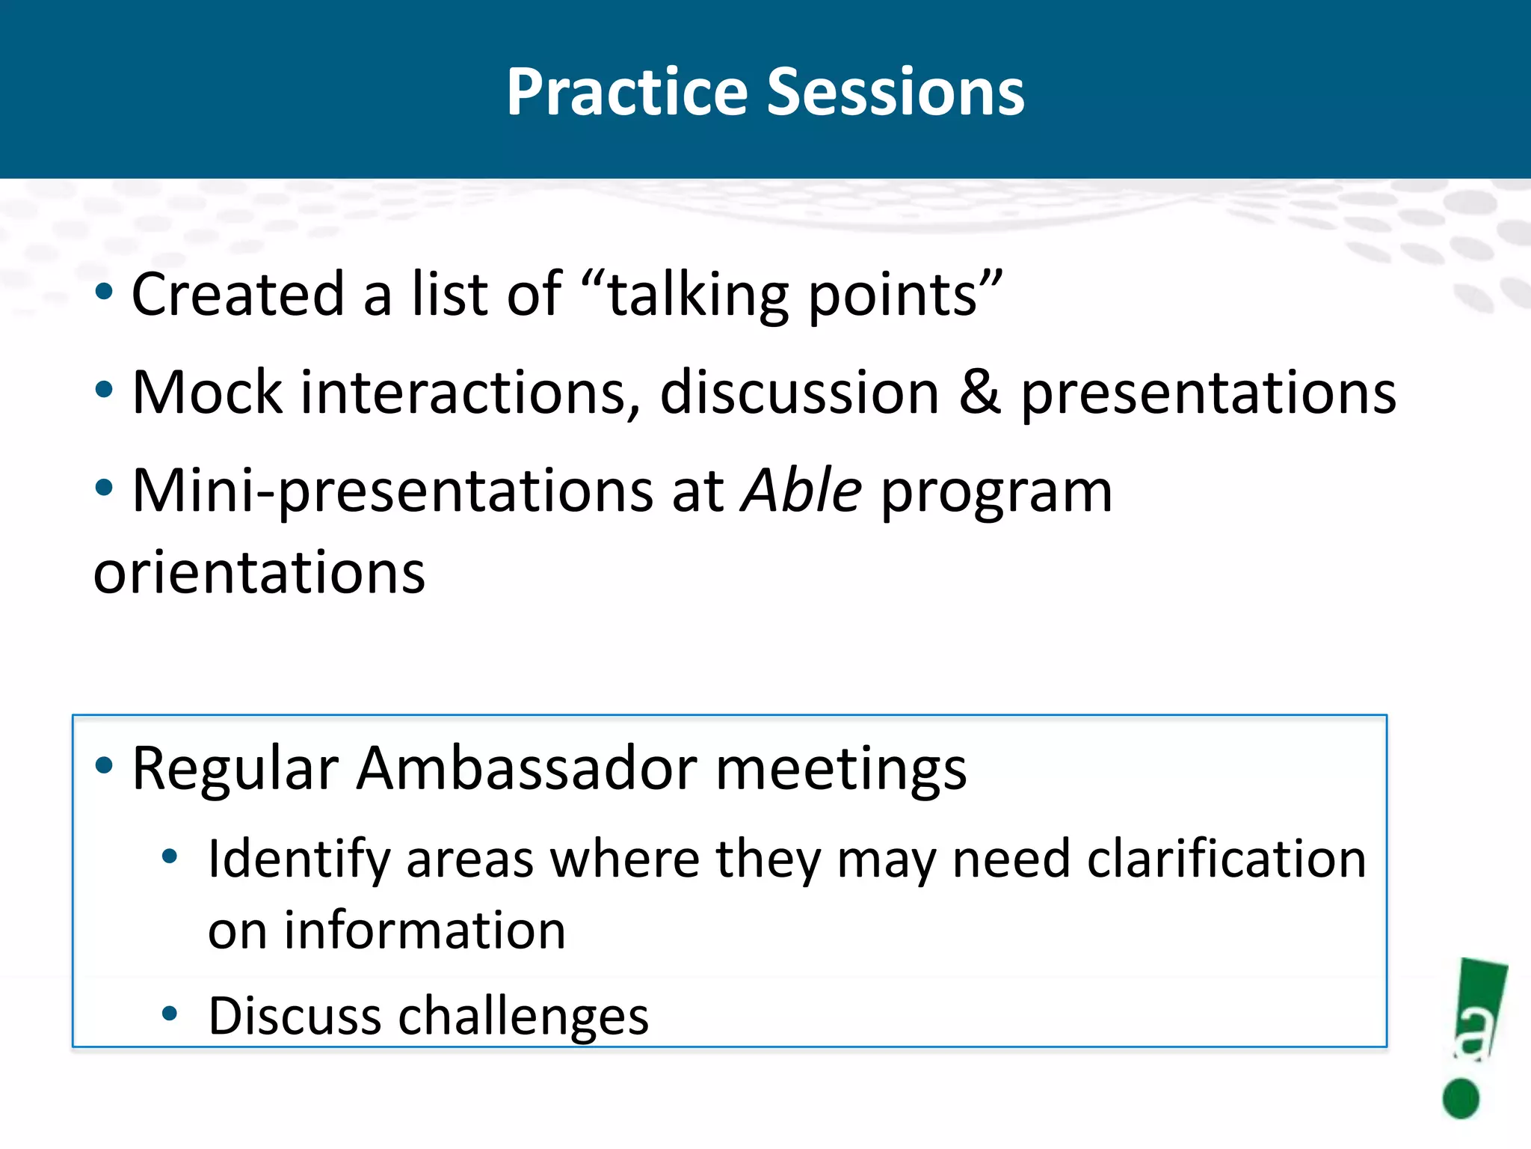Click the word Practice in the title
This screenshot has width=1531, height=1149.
click(626, 92)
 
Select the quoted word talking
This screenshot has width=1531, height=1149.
click(697, 295)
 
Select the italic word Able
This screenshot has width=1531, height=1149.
click(801, 491)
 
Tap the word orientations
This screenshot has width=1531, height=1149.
click(259, 572)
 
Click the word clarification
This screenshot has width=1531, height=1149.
click(1226, 859)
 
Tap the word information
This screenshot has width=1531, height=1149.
click(425, 931)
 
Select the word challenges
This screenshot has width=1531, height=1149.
click(523, 1017)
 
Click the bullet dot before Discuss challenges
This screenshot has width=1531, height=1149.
click(170, 1014)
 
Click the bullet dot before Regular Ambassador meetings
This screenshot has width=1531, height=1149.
click(104, 765)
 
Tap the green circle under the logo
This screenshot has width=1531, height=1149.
click(1461, 1099)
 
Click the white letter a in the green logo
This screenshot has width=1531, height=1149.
click(1475, 1034)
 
